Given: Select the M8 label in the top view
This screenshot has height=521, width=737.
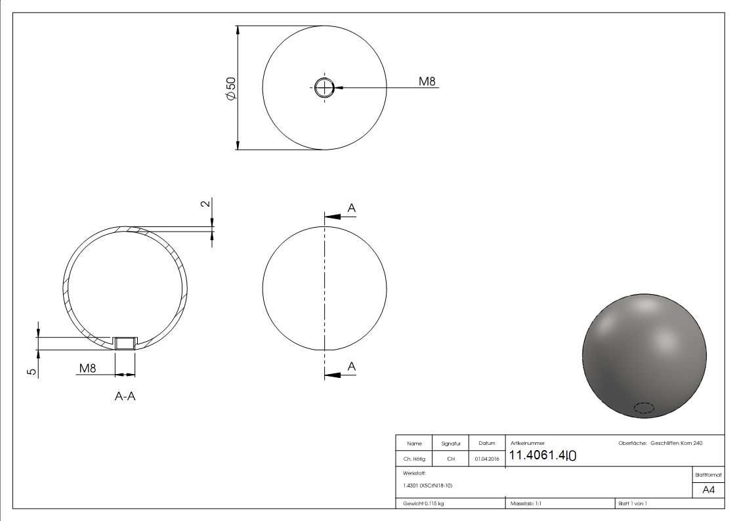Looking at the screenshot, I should pyautogui.click(x=428, y=81).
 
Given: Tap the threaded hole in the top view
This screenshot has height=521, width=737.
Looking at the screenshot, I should pyautogui.click(x=324, y=87).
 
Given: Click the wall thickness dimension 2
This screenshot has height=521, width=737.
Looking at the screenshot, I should pyautogui.click(x=205, y=203).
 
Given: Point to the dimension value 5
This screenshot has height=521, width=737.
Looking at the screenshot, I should pyautogui.click(x=31, y=371).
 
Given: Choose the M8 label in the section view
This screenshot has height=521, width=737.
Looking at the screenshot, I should pyautogui.click(x=87, y=369).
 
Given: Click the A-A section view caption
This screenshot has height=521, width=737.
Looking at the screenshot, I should pyautogui.click(x=125, y=396).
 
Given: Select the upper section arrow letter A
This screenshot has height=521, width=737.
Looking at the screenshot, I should pyautogui.click(x=351, y=208).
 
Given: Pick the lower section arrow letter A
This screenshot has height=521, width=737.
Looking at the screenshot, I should pyautogui.click(x=351, y=366).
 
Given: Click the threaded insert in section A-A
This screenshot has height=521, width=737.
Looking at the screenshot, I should pyautogui.click(x=125, y=343).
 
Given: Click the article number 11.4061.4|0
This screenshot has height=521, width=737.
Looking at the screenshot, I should pyautogui.click(x=543, y=455).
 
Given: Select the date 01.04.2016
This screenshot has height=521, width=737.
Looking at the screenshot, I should pyautogui.click(x=486, y=459).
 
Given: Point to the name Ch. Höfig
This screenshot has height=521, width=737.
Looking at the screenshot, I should pyautogui.click(x=414, y=459).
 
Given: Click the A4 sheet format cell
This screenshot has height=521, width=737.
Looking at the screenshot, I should pyautogui.click(x=709, y=490).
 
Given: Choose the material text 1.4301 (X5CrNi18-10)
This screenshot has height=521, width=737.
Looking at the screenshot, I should pyautogui.click(x=428, y=486).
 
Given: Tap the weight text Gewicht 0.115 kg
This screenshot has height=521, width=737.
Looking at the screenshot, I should pyautogui.click(x=423, y=503).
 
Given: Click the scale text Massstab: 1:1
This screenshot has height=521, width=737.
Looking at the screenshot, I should pyautogui.click(x=526, y=503).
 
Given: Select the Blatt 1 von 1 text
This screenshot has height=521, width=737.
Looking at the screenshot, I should pyautogui.click(x=633, y=503).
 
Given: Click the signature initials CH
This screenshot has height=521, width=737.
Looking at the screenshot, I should pyautogui.click(x=451, y=459).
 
